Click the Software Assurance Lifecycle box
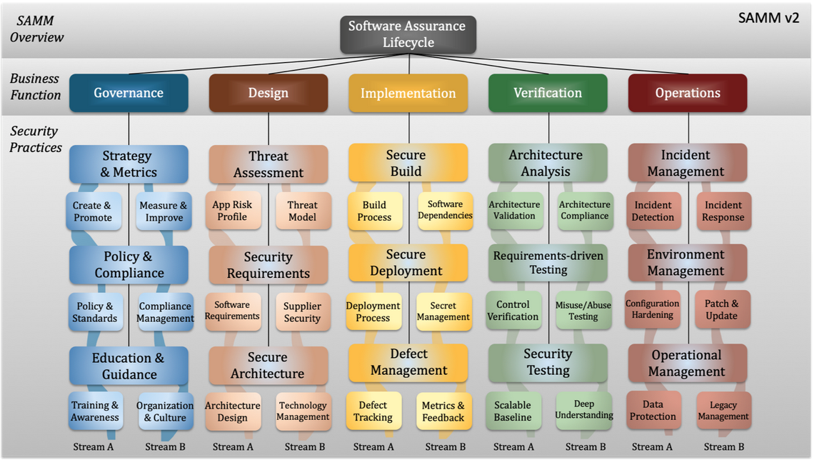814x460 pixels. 408,34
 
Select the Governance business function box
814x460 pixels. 129,93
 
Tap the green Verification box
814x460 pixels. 548,93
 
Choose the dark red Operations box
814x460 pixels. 688,93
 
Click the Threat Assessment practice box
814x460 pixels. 268,164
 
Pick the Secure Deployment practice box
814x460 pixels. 408,263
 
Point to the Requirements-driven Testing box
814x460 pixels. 548,263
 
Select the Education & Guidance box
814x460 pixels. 129,366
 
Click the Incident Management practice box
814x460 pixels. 688,163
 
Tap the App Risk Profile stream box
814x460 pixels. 233,211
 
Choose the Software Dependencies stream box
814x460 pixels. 446,210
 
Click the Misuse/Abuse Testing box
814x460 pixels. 583,311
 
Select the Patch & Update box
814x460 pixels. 722,309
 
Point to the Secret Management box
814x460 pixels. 444,311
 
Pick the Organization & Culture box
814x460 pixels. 166,411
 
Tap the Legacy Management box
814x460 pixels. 723,410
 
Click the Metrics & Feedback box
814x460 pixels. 444,411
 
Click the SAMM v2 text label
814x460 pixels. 769,18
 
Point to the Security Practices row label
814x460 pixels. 35,139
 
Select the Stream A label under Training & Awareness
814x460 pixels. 94,446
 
